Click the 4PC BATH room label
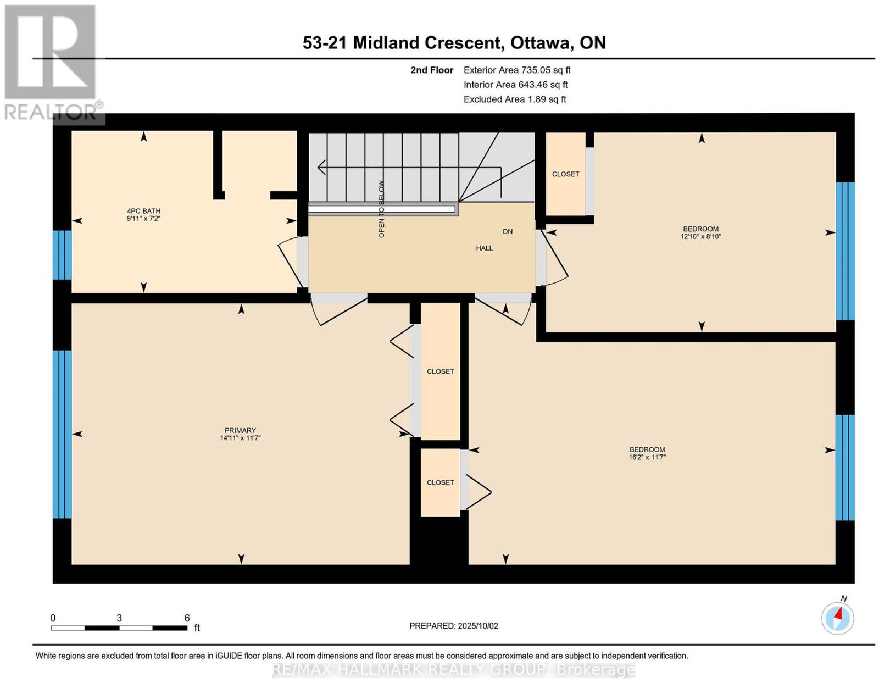point(143,210)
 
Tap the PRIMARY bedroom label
point(240,430)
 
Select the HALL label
point(484,248)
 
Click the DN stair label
point(508,232)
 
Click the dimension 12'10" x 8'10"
point(700,237)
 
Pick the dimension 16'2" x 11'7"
point(647,457)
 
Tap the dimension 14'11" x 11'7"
point(240,438)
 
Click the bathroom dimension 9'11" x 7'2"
point(143,218)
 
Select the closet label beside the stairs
point(565,174)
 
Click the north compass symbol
point(837,618)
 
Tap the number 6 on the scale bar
point(187,618)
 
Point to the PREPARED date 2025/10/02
point(478,626)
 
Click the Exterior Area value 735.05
point(536,70)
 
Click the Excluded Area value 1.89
point(537,99)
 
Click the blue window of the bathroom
point(62,255)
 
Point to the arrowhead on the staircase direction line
point(321,166)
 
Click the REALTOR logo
point(53,63)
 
